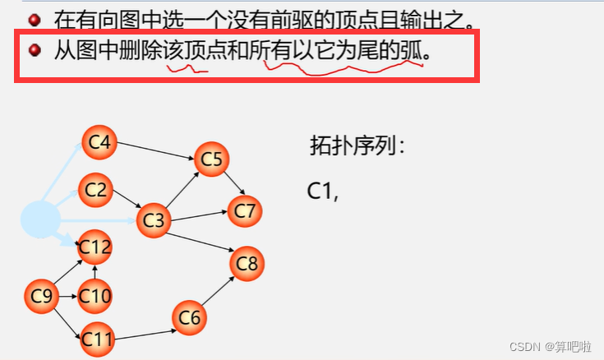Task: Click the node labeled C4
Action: point(99,143)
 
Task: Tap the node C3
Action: point(154,219)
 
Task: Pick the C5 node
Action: point(211,159)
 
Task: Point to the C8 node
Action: point(247,264)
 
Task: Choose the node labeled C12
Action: point(95,246)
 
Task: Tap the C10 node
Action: point(95,295)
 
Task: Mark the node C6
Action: point(190,318)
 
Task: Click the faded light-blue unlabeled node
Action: point(40,218)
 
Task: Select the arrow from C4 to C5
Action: point(156,150)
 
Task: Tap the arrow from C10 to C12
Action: point(95,271)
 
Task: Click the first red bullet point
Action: point(35,18)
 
